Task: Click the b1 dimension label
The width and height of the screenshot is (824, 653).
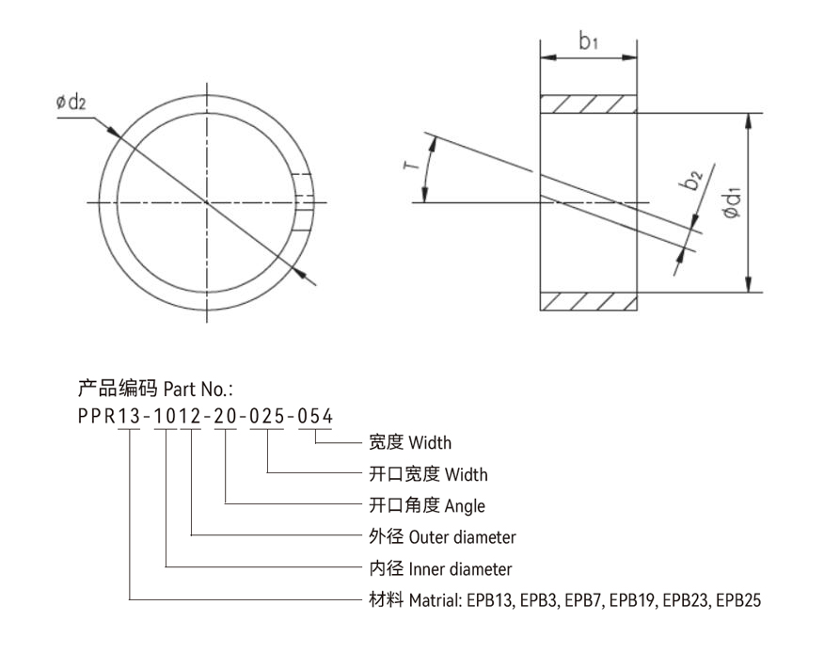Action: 590,41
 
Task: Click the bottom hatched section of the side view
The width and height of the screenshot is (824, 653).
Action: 588,301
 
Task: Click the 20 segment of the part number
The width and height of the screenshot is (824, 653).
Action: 226,417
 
